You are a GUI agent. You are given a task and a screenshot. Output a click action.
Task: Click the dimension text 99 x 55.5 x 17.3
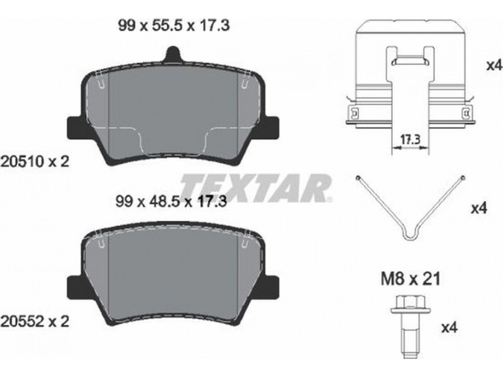click(x=174, y=25)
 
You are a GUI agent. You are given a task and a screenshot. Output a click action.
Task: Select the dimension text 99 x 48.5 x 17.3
click(x=171, y=202)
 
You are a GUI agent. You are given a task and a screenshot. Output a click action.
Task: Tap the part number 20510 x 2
click(x=35, y=161)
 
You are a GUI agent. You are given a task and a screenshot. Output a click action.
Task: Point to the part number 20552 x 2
click(x=35, y=321)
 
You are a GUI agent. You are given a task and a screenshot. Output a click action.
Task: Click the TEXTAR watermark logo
click(x=256, y=188)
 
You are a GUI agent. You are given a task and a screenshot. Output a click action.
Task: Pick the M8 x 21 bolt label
click(x=411, y=279)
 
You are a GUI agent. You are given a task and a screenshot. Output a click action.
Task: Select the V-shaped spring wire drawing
click(x=411, y=225)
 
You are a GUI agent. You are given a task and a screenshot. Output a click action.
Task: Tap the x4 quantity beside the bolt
click(x=449, y=328)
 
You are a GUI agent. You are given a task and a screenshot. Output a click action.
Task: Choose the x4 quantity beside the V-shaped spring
click(x=478, y=209)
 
